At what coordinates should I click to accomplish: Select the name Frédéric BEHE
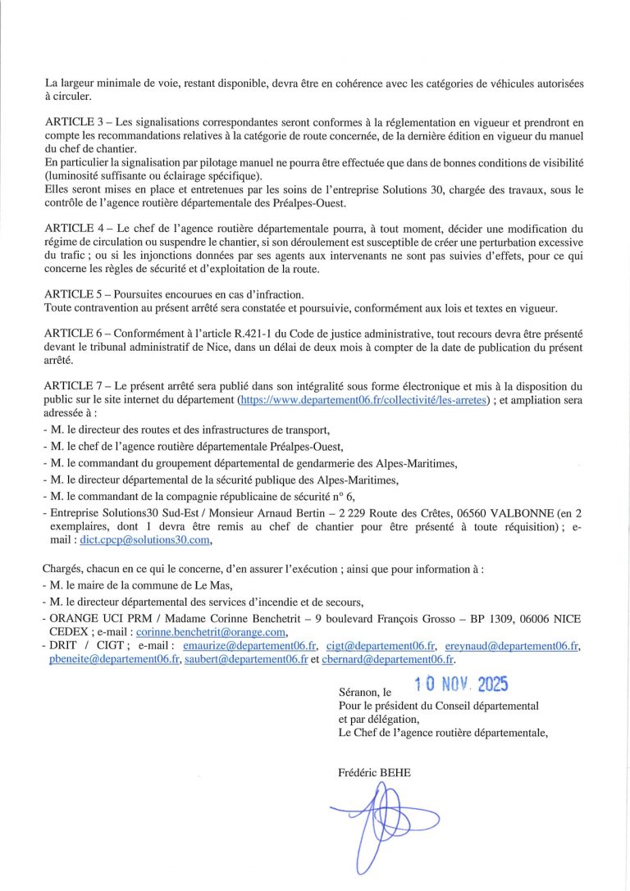click(374, 772)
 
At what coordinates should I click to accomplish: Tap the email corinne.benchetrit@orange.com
click(211, 633)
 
